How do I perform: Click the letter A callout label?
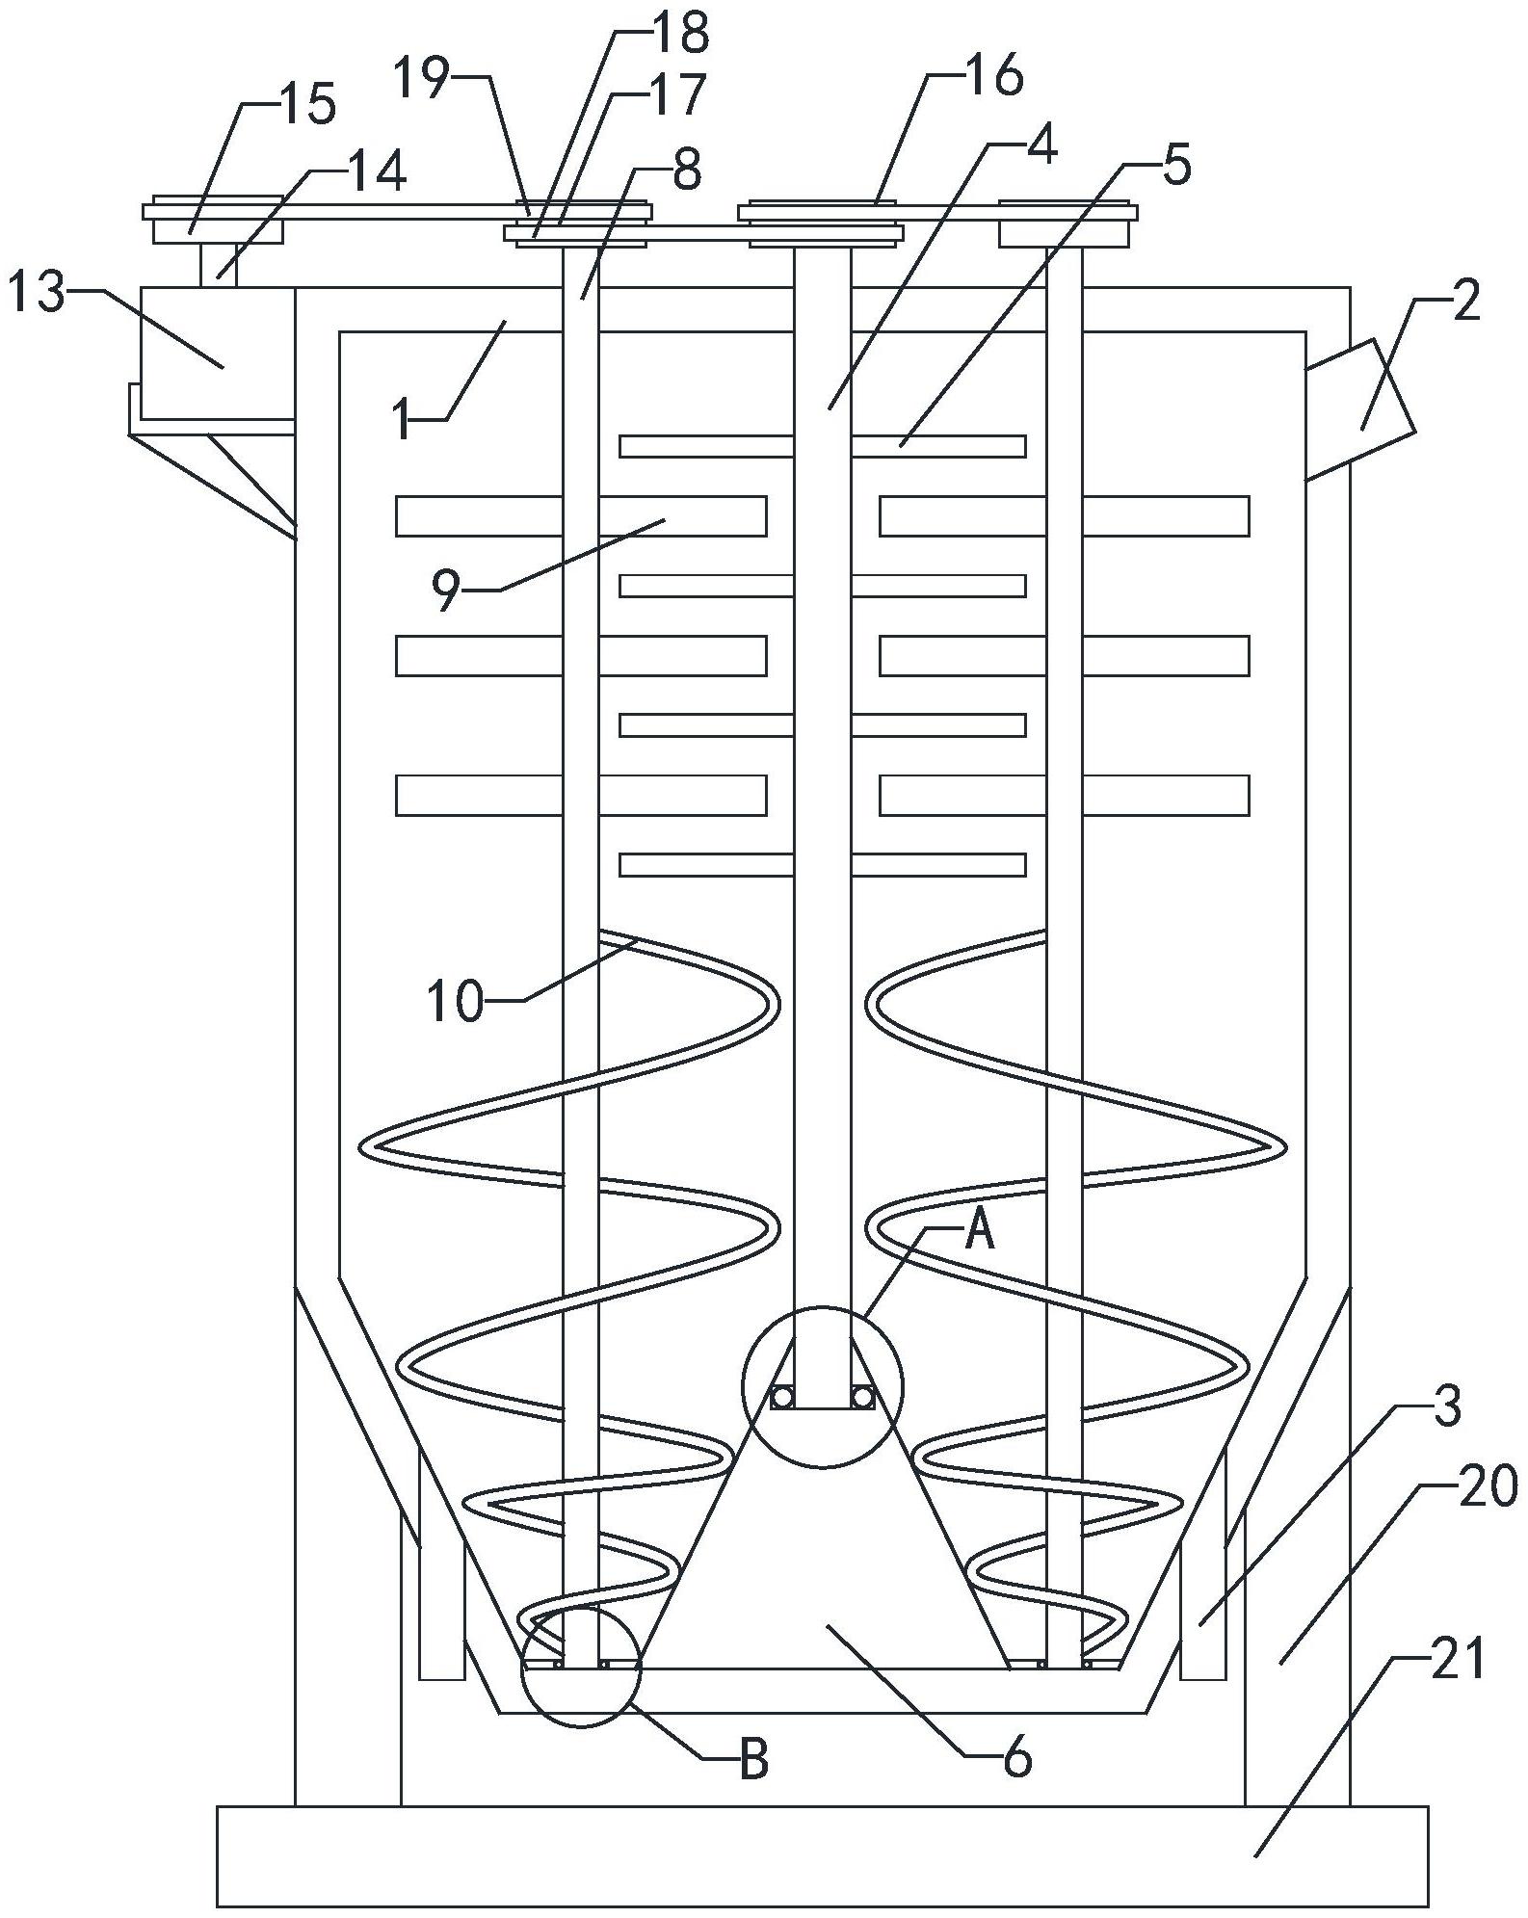979,1231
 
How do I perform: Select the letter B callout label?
753,1760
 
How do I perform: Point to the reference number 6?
1017,1759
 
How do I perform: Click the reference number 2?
1464,304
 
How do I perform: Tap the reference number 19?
422,79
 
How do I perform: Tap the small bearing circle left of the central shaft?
781,1396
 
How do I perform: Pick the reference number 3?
1446,1407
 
